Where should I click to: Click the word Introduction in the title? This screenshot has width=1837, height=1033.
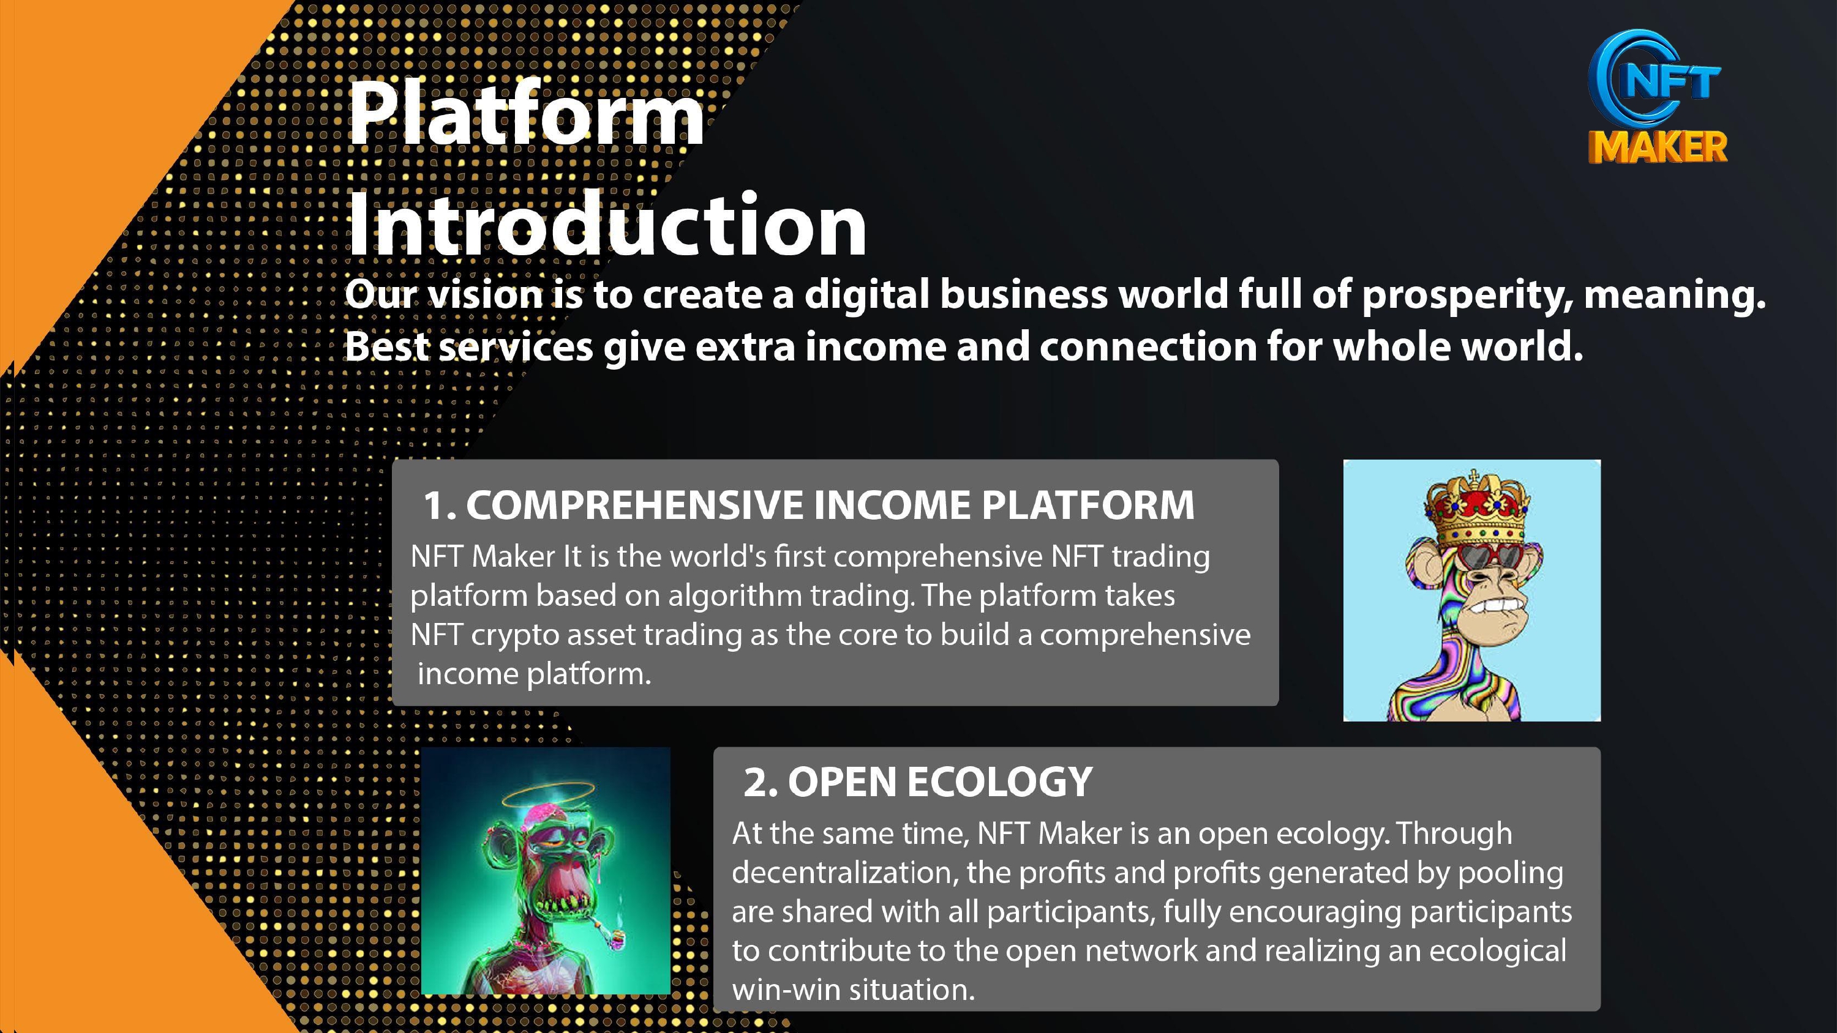pyautogui.click(x=607, y=225)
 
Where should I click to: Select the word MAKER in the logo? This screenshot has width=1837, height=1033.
pyautogui.click(x=1658, y=147)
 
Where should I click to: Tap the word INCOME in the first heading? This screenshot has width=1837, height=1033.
pyautogui.click(x=892, y=505)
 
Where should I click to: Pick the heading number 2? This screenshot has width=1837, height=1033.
pyautogui.click(x=760, y=782)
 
